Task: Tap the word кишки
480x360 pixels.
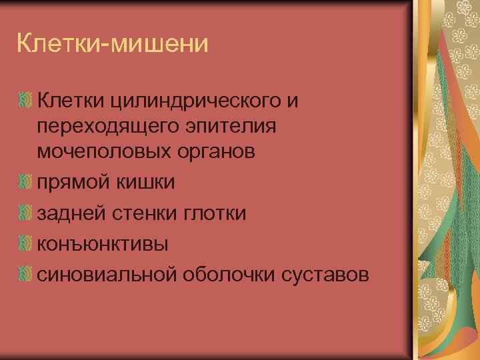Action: tap(145, 182)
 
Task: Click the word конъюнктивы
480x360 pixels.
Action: tap(103, 243)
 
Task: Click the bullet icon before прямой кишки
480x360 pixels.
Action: tap(25, 182)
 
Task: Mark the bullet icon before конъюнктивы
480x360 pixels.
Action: tap(25, 243)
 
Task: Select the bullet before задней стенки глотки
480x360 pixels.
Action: tap(25, 213)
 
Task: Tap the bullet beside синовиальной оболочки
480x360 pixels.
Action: tap(25, 274)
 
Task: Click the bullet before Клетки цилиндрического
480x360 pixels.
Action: tap(25, 101)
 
